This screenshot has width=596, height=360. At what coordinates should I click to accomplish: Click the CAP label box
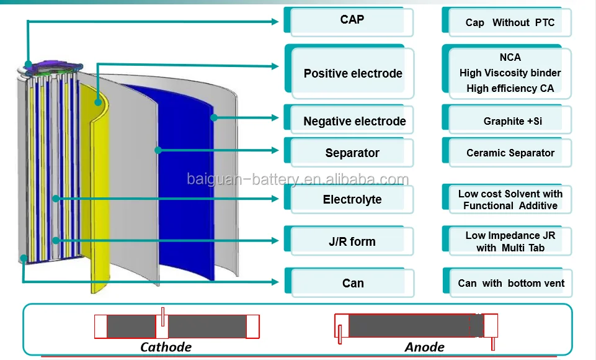coord(349,21)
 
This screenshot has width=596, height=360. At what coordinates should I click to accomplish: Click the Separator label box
coord(349,152)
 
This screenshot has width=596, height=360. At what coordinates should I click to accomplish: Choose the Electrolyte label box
coord(349,199)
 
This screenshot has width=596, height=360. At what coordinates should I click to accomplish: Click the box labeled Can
coord(349,283)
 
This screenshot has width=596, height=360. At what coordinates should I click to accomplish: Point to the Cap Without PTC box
coord(507,22)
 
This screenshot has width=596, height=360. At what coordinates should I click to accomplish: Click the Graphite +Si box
coord(507,119)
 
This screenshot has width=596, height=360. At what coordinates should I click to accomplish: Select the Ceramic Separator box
coord(507,152)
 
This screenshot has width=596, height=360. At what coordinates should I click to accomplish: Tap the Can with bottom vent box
coord(507,283)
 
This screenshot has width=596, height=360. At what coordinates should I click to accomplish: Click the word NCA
coord(510,58)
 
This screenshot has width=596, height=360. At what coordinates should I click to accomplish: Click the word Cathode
coord(166,347)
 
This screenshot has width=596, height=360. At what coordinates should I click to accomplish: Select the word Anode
coord(425,347)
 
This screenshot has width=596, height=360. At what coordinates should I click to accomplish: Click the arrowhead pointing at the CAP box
coord(275,22)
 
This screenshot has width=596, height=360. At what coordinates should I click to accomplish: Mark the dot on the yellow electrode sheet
coord(98,102)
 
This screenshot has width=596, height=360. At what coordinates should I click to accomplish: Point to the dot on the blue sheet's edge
coord(214,117)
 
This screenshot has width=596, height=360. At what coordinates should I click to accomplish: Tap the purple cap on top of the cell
coord(53,65)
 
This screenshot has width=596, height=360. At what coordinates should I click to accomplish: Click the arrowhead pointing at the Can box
coord(275,282)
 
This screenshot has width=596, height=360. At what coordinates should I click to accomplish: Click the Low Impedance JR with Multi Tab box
coord(507,240)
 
